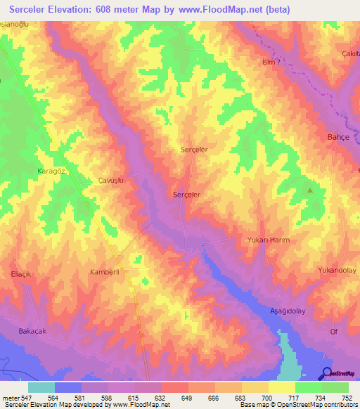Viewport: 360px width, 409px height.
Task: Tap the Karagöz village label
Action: coord(51,171)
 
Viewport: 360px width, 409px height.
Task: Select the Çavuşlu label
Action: coord(111,180)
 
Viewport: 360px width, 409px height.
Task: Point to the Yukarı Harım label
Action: coord(268,240)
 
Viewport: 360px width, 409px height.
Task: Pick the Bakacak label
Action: coord(33,330)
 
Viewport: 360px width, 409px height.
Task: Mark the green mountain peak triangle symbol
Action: coord(309,190)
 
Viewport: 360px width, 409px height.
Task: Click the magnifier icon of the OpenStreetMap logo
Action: coord(326,373)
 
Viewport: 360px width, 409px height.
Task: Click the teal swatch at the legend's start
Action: coord(41,387)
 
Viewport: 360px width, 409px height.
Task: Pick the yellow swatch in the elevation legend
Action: coord(281,387)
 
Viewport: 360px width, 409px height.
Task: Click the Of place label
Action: coord(334,330)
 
